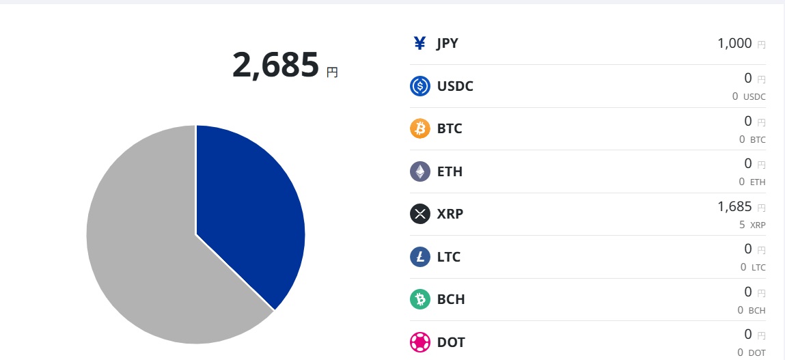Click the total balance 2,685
click(x=275, y=65)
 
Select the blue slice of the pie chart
click(x=246, y=205)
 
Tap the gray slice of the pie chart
click(x=150, y=260)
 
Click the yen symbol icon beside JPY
click(x=420, y=44)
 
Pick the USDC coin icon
click(x=420, y=86)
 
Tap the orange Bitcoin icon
click(x=420, y=128)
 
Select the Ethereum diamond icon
click(x=420, y=171)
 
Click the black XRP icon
click(x=420, y=214)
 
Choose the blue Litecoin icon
click(x=420, y=257)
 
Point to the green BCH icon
click(x=420, y=299)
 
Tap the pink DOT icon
click(x=420, y=342)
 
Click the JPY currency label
click(x=447, y=44)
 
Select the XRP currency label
click(x=450, y=214)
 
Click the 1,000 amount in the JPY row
click(x=734, y=44)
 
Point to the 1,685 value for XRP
click(x=734, y=206)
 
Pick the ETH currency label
click(x=450, y=171)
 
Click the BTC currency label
click(x=450, y=128)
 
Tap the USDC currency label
click(x=455, y=86)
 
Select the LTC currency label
click(x=449, y=257)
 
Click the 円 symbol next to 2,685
click(x=332, y=72)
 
